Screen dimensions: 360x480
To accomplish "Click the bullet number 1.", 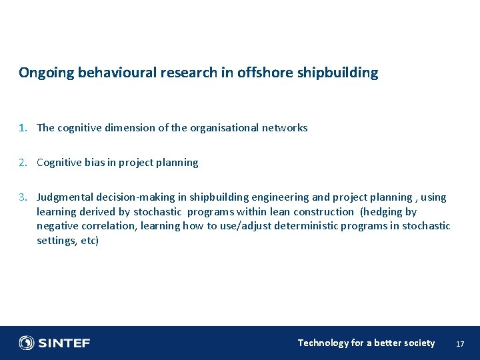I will (x=22, y=127).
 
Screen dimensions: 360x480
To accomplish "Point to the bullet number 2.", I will (x=22, y=162).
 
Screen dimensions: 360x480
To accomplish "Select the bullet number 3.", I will (x=22, y=197).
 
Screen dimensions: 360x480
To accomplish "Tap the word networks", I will (x=284, y=127).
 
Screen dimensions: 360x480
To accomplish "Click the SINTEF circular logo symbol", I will (x=27, y=343).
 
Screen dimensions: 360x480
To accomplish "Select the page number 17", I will (x=459, y=343).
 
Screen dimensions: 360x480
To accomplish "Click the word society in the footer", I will (x=419, y=343).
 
